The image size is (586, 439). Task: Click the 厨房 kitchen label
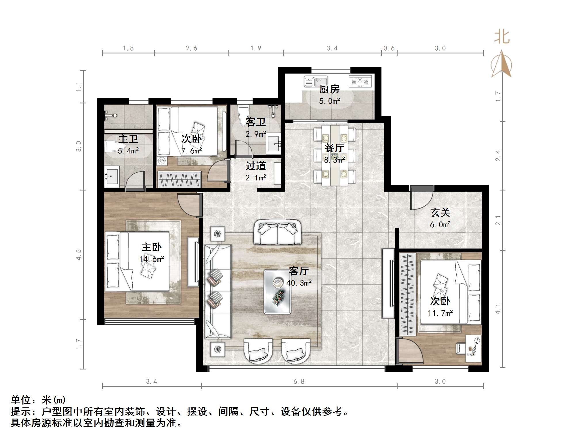tap(329, 89)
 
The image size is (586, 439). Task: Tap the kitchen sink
tap(316, 81)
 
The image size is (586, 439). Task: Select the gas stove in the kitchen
tap(360, 81)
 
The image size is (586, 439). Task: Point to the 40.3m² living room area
tap(299, 283)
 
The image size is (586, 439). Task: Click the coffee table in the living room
tap(277, 291)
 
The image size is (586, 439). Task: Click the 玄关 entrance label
tap(440, 213)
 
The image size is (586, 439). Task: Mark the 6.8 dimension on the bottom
tap(299, 381)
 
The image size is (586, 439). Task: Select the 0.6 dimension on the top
tap(389, 48)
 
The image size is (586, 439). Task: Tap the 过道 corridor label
tap(256, 166)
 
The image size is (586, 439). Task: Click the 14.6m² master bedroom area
tap(152, 259)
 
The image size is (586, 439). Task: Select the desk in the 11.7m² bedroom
tap(473, 349)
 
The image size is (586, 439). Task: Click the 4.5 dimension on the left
tap(79, 255)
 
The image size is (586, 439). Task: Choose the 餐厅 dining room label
tap(334, 148)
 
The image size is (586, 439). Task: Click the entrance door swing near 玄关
tap(421, 198)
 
